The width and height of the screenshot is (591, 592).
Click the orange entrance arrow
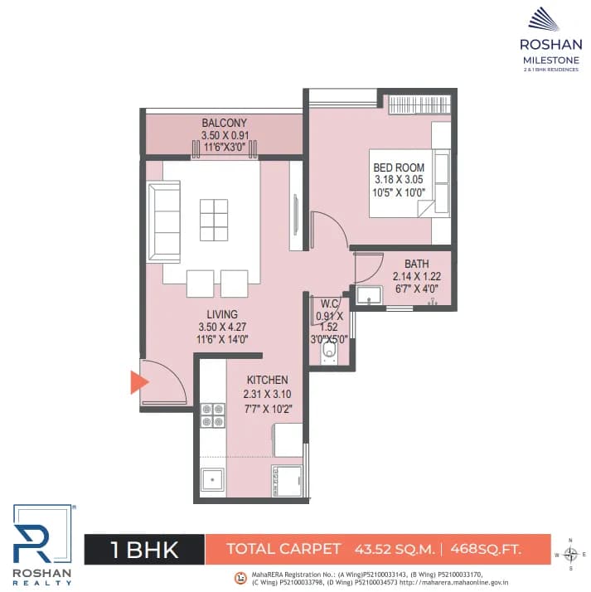137,381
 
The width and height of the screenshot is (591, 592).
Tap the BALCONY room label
224,124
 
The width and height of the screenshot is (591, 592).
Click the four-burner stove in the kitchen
213,415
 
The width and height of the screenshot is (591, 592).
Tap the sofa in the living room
164,222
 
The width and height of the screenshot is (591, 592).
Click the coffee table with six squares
214,219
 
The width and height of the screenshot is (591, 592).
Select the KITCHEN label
267,380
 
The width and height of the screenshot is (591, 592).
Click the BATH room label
416,264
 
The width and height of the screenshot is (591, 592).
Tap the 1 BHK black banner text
143,549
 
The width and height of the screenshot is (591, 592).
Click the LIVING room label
223,314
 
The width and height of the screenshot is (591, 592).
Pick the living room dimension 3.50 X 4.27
223,327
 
